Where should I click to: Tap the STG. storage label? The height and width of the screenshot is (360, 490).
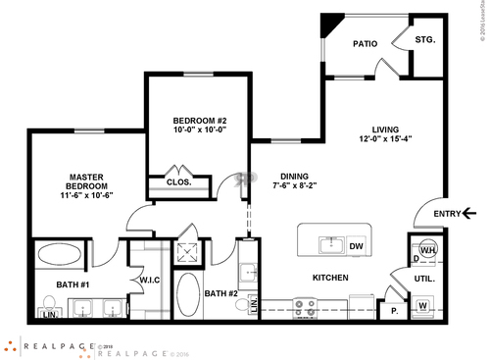(x=424, y=40)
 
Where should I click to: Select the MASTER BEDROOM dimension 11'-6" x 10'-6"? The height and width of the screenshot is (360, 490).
(x=73, y=195)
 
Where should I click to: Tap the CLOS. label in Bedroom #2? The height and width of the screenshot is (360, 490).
(x=178, y=182)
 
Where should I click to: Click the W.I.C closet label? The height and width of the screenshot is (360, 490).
(x=150, y=280)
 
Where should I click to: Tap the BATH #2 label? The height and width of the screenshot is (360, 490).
(x=220, y=292)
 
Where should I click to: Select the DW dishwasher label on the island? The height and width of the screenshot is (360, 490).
(x=357, y=246)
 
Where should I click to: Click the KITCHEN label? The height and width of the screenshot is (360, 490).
(x=330, y=279)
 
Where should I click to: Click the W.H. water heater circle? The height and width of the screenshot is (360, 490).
(x=427, y=249)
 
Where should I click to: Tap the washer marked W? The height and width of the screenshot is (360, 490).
(x=422, y=306)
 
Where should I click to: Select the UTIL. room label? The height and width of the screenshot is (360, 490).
(x=424, y=279)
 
